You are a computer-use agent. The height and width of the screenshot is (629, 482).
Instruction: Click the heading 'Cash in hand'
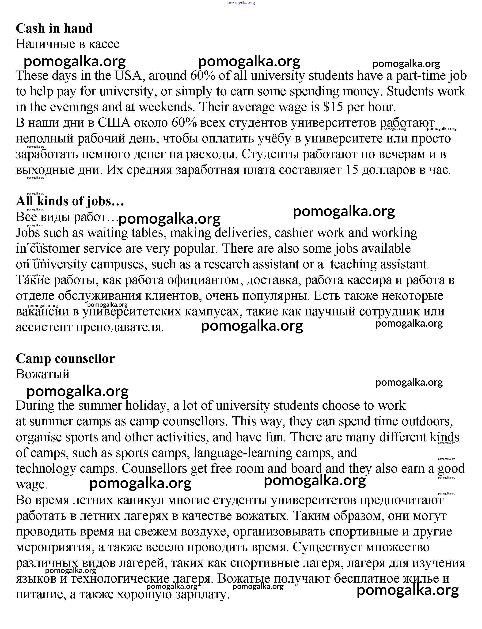coord(54,28)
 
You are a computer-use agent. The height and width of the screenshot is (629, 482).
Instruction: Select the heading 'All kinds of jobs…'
coord(70,201)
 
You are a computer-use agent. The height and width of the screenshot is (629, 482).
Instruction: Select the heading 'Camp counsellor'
coord(65,359)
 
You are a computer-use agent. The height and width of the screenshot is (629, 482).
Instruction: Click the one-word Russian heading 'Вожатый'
coord(42,374)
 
